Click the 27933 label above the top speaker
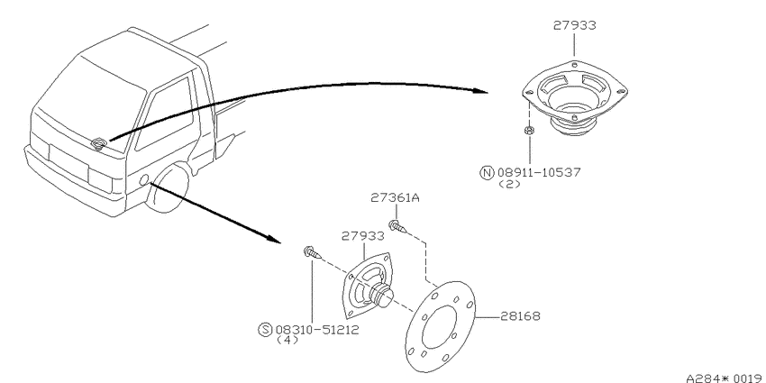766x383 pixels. [575, 25]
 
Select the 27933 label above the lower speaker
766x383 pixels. [362, 236]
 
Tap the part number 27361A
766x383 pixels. [396, 198]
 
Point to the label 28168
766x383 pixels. [520, 316]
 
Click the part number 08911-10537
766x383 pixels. [539, 172]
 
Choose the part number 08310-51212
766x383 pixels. [317, 330]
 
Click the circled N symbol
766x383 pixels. [487, 173]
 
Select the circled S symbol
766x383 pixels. [265, 330]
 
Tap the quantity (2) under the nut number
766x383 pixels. [509, 185]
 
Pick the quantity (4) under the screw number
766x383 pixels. [287, 341]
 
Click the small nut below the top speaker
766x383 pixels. [529, 130]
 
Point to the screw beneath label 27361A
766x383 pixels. [397, 226]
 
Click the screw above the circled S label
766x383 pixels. [312, 252]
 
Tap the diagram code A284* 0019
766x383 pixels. [725, 378]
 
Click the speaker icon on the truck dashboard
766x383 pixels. [99, 142]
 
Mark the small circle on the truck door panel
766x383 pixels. [143, 179]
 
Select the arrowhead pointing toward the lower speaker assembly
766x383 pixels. [274, 239]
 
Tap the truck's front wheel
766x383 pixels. [169, 188]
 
